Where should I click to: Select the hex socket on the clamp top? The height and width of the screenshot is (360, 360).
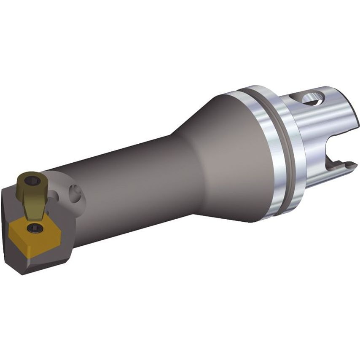(x=30, y=182)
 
